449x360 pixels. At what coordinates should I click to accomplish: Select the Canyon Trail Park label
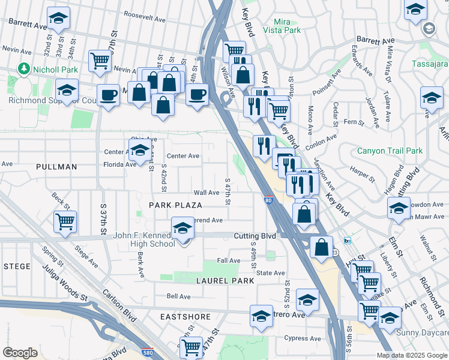coord(390,151)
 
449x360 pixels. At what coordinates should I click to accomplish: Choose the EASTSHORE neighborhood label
coord(185,316)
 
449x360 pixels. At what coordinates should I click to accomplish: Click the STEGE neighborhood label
coord(17,265)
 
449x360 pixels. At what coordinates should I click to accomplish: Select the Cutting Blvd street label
coord(255,236)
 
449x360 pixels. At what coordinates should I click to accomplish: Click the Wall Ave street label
coord(206,193)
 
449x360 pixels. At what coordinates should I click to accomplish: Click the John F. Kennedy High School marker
coord(182,228)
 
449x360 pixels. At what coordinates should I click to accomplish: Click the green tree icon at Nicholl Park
coord(24,69)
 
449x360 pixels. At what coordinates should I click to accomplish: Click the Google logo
coord(20,353)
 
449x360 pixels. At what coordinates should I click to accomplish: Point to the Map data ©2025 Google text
coord(411,355)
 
